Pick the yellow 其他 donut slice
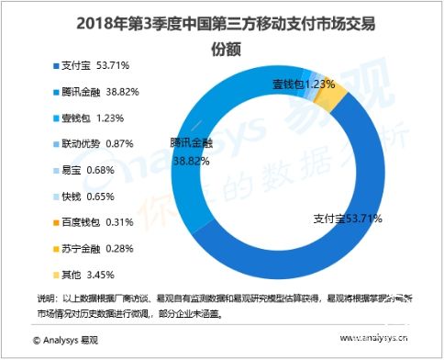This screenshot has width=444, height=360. click(335, 91)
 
